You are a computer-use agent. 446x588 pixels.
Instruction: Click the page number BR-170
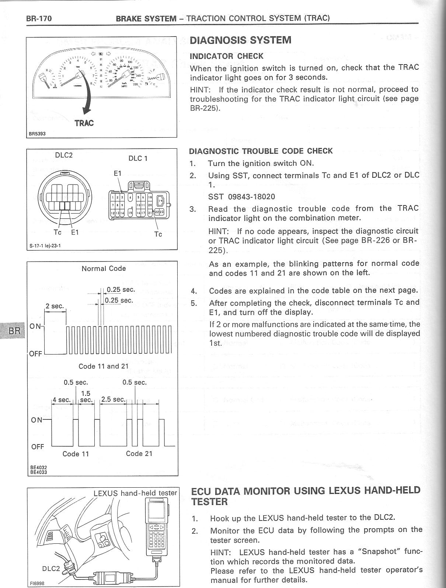pyautogui.click(x=39, y=18)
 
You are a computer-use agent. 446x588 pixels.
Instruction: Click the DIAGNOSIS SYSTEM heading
pyautogui.click(x=240, y=40)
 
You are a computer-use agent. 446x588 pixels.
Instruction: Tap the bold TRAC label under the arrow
pyautogui.click(x=84, y=123)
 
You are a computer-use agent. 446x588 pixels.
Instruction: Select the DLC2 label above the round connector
pyautogui.click(x=64, y=155)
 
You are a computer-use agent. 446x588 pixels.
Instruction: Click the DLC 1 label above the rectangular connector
pyautogui.click(x=138, y=158)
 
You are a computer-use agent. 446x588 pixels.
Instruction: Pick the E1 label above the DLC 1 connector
pyautogui.click(x=118, y=173)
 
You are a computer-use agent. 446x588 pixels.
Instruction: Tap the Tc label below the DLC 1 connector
pyautogui.click(x=158, y=234)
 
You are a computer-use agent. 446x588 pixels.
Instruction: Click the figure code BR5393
pyautogui.click(x=38, y=134)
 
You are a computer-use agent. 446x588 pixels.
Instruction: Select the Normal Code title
pyautogui.click(x=104, y=269)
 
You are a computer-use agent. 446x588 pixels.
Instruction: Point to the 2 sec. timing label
pyautogui.click(x=55, y=306)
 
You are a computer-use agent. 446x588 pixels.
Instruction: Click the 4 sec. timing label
pyautogui.click(x=61, y=400)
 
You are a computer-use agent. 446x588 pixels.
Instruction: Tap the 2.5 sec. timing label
pyautogui.click(x=114, y=400)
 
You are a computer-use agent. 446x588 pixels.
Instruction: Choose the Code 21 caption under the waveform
pyautogui.click(x=139, y=454)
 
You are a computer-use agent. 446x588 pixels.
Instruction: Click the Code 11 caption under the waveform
pyautogui.click(x=76, y=454)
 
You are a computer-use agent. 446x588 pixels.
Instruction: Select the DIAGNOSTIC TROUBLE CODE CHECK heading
pyautogui.click(x=261, y=151)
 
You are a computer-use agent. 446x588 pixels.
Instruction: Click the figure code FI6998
pyautogui.click(x=38, y=584)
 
